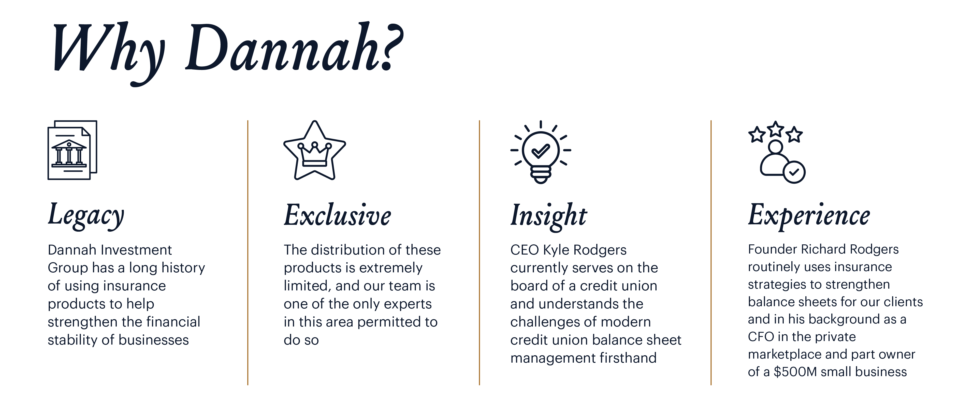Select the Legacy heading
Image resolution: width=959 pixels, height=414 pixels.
[86, 216]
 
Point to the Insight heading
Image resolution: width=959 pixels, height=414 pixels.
[548, 216]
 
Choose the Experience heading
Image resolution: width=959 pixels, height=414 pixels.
[809, 216]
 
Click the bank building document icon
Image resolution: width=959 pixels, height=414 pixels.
[72, 150]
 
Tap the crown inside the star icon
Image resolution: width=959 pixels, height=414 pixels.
[315, 154]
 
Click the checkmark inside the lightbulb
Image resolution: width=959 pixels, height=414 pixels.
[541, 150]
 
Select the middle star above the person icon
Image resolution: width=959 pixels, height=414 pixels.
[776, 129]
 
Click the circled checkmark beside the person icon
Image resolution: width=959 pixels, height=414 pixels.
[794, 172]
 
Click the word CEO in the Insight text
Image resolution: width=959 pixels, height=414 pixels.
[525, 250]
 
